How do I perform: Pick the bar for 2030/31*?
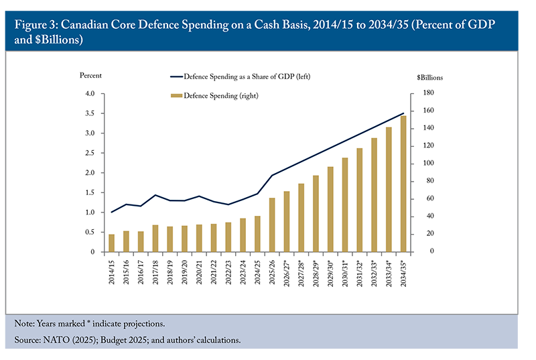click(345, 205)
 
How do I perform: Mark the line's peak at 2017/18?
click(155, 195)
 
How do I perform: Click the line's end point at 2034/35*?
click(403, 113)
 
